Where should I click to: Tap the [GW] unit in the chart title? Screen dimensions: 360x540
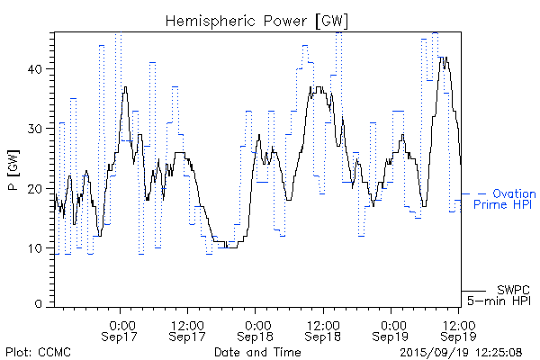pos(333,20)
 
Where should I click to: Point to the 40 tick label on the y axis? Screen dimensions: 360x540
pos(40,68)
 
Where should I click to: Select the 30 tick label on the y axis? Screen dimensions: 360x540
pos(40,129)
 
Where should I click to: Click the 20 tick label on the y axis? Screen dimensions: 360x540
pos(40,188)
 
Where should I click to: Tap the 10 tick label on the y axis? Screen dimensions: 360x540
pos(40,248)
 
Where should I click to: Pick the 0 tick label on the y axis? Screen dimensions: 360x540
pos(43,304)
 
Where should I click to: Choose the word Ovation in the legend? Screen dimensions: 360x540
pos(516,193)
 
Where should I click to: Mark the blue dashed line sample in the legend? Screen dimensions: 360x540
pos(474,193)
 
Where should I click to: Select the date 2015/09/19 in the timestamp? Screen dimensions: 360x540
pos(433,351)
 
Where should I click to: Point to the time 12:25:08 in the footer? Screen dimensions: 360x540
pos(500,351)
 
